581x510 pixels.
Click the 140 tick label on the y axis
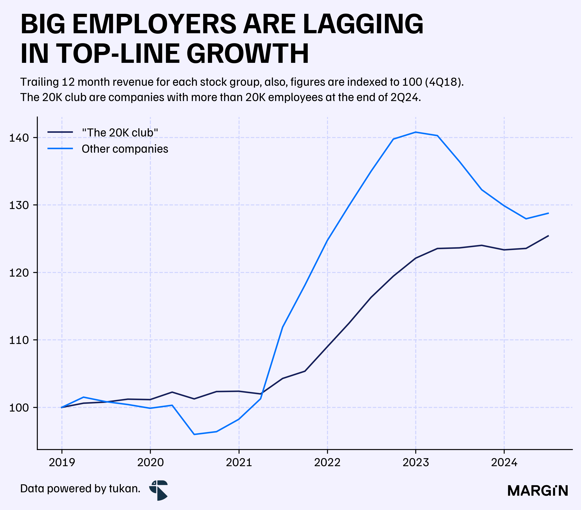(19, 138)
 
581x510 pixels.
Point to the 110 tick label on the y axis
(19, 340)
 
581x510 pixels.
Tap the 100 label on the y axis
(19, 408)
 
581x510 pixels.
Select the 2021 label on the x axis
(239, 462)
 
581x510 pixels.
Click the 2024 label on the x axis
(504, 462)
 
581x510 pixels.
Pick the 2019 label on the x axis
(62, 462)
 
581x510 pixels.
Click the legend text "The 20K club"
(120, 133)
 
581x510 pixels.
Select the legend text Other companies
(125, 149)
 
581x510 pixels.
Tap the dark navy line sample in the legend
(60, 132)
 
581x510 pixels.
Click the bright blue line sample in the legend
(60, 149)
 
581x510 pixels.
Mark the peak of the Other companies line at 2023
(416, 132)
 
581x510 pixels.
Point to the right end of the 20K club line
(548, 236)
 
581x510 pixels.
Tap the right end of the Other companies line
(548, 213)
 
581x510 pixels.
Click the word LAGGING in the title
(363, 24)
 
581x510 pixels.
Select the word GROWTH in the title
(248, 54)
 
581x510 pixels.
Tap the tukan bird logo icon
(159, 490)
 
